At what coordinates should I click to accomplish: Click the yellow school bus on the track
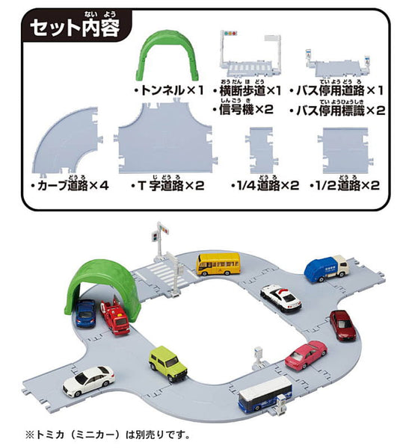tap(218, 264)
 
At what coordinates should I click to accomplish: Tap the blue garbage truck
tap(326, 268)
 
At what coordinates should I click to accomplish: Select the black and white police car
tap(280, 298)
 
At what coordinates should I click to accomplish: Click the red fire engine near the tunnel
tap(114, 317)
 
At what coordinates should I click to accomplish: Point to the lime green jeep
tap(167, 364)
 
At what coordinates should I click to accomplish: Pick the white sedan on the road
tap(89, 381)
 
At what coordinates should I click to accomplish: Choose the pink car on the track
tap(306, 355)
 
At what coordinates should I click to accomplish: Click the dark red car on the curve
tap(342, 325)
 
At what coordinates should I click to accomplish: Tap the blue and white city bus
tap(265, 393)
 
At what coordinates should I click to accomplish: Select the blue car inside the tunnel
tap(85, 313)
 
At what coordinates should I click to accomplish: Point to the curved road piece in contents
tap(67, 141)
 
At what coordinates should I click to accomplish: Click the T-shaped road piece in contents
tap(165, 137)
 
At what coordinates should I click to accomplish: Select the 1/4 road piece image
tap(262, 150)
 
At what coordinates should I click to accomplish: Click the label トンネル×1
tap(168, 91)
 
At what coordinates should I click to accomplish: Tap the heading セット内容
tap(75, 28)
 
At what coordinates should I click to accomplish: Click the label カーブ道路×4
tap(70, 186)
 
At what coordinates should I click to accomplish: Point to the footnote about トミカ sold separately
tap(108, 435)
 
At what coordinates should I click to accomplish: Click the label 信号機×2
tap(243, 110)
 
